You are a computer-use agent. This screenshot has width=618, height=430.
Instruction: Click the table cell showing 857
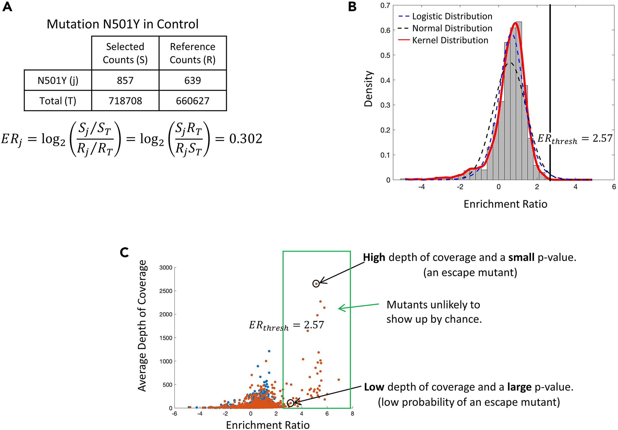[x=125, y=80]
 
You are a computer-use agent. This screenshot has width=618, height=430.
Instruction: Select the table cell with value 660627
[x=193, y=101]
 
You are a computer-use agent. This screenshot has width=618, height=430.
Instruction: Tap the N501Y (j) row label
[x=58, y=80]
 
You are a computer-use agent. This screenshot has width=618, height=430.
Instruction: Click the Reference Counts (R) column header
[x=193, y=53]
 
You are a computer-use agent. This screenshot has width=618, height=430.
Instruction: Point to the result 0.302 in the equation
[x=245, y=139]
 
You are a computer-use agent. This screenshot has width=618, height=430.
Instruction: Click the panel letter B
[x=352, y=6]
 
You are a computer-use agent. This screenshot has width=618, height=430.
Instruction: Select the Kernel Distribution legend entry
[x=450, y=40]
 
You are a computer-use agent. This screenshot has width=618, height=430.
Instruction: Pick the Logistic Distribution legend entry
[x=452, y=16]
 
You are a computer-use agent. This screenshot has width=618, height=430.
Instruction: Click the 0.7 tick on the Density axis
[x=385, y=6]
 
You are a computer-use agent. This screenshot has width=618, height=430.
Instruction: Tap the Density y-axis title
[x=368, y=89]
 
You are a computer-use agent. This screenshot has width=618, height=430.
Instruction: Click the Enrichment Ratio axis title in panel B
[x=505, y=204]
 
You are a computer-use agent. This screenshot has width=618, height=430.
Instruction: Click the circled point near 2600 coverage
[x=316, y=283]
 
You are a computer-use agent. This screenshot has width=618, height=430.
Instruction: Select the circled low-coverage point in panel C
[x=290, y=403]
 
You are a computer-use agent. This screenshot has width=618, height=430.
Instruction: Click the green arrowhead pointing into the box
[x=340, y=308]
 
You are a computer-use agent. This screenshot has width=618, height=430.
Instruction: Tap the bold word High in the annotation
[x=374, y=257]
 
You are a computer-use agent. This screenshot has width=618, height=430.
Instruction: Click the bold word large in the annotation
[x=519, y=387]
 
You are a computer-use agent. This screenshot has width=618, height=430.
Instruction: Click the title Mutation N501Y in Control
[x=122, y=24]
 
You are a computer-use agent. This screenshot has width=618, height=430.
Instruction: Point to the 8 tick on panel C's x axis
[x=352, y=414]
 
